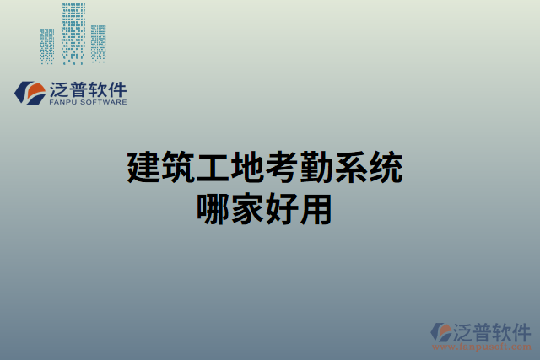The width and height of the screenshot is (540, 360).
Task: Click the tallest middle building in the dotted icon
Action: point(73,34)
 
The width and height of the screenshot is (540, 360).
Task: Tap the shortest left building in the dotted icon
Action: point(47,46)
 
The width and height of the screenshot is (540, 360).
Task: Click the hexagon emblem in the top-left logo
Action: point(31,92)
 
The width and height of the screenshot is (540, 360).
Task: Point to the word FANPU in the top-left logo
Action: point(66,102)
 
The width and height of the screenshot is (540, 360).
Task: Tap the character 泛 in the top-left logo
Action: point(62,89)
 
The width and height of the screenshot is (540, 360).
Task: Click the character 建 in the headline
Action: point(143,169)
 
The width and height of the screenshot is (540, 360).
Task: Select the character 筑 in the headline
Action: point(180,169)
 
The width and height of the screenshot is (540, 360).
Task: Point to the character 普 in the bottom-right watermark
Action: point(487,330)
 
